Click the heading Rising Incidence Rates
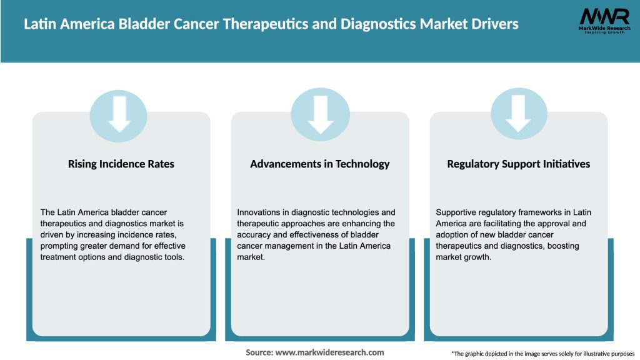coord(121,164)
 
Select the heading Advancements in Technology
coord(320,164)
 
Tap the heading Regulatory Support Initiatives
coord(519,164)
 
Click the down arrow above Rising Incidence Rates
coord(119,114)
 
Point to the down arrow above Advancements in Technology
coord(320,114)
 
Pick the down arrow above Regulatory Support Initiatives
coord(519,114)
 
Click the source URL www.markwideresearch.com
coord(329,352)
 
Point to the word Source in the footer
coord(259,352)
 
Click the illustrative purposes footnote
coord(542,354)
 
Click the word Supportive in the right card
coord(458,212)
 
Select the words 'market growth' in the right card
coord(464,257)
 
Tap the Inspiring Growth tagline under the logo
coord(604,32)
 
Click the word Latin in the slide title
coord(39,24)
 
